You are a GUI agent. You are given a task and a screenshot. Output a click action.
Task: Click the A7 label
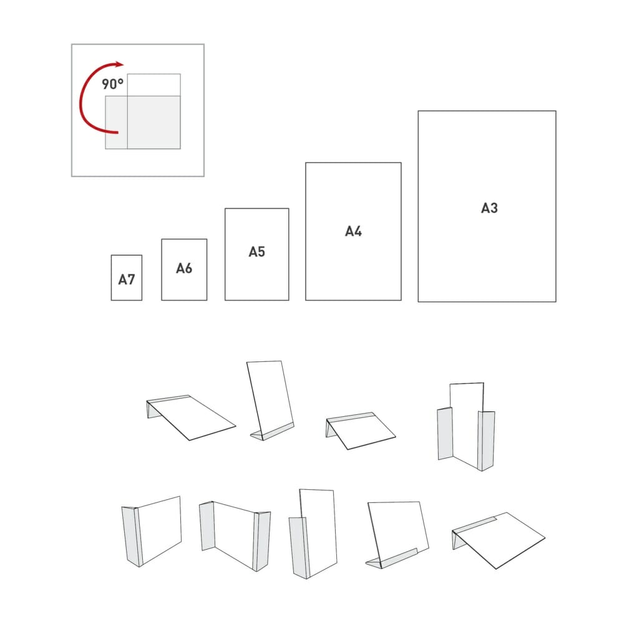[127, 280]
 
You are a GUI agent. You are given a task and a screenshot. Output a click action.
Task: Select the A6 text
[184, 268]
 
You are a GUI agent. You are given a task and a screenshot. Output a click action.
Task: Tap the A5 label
[256, 251]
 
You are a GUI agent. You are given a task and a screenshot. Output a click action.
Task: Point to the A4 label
[353, 231]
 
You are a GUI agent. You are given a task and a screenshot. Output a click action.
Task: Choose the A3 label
[489, 208]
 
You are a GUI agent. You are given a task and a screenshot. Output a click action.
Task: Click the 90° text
[112, 84]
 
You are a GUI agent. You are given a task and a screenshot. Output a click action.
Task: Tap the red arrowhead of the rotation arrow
[119, 64]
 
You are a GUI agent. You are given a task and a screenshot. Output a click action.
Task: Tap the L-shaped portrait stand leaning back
[271, 400]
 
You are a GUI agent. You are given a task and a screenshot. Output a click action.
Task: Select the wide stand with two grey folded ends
[235, 535]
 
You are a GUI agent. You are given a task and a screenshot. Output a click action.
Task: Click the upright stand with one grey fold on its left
[152, 531]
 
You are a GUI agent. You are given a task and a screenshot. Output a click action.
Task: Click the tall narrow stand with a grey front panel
[313, 534]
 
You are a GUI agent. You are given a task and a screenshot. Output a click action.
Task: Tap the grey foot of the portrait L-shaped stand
[272, 432]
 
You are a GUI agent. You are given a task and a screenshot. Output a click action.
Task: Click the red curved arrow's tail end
[117, 132]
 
